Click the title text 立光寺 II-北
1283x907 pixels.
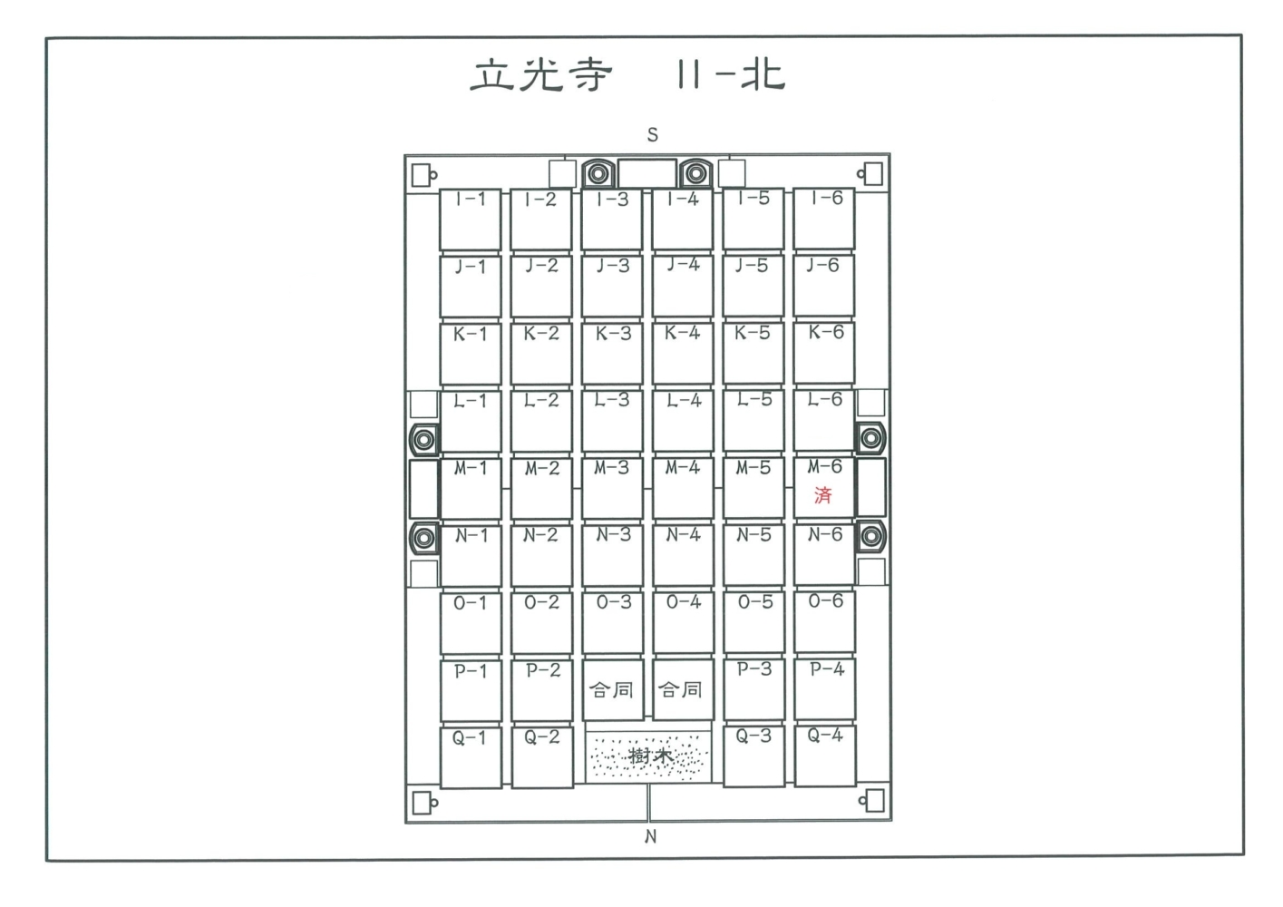coord(627,75)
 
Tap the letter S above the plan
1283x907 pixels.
coord(653,135)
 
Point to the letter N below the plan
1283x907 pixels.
coord(650,836)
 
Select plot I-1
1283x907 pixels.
coord(471,219)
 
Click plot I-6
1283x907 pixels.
coord(823,219)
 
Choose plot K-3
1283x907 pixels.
coord(612,354)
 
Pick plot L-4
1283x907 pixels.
coord(682,421)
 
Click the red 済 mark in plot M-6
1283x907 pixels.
coord(823,495)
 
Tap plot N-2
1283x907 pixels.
coord(541,555)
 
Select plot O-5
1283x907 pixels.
coord(753,622)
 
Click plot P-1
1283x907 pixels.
coord(471,690)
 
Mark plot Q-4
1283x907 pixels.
coord(825,756)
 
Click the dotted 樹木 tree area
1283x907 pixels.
coord(647,756)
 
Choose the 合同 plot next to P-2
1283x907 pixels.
coord(612,689)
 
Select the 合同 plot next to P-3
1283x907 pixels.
coord(683,689)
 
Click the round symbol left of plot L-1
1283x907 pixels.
coord(423,440)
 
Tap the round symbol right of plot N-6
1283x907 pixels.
coord(871,537)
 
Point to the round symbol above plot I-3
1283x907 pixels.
coord(598,173)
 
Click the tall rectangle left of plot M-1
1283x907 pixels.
coord(423,489)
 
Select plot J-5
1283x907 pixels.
coord(753,286)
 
